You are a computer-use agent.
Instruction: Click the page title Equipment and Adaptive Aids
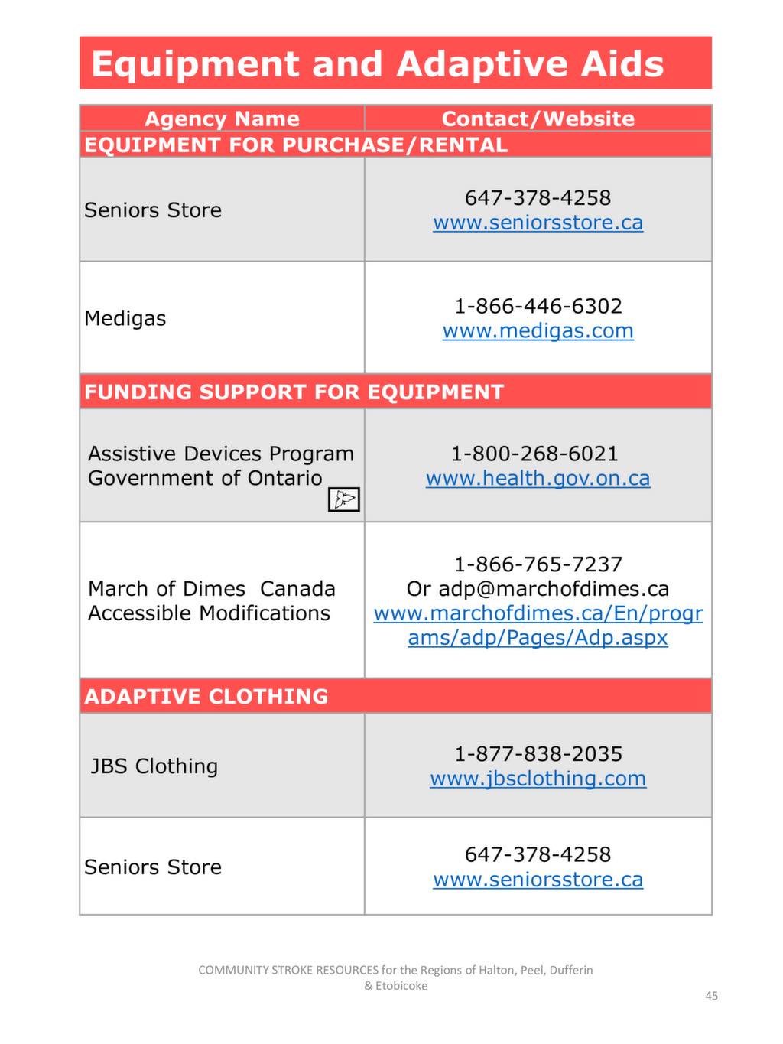point(377,63)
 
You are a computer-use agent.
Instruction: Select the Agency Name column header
point(222,119)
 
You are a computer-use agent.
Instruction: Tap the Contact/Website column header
point(538,119)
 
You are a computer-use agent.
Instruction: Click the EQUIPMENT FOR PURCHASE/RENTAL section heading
point(295,145)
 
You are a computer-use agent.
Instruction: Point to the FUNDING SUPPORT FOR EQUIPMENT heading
point(294,392)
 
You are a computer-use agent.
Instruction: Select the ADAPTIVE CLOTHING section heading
point(206,696)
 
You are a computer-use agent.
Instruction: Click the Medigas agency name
point(125,318)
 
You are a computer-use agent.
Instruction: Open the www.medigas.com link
point(538,331)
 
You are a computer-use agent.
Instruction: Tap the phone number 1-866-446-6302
point(538,306)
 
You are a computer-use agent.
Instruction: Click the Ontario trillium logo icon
point(343,499)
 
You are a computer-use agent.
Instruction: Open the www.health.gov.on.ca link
point(538,479)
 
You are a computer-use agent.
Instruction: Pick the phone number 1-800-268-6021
point(534,454)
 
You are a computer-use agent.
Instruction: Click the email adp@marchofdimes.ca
point(554,589)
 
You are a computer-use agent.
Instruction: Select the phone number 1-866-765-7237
point(538,564)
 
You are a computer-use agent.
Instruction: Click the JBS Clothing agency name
point(154,766)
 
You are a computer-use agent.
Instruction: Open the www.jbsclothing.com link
point(538,779)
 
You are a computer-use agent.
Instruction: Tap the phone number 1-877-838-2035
point(538,754)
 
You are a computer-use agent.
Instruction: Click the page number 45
point(711,996)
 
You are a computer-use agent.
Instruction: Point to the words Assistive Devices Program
point(220,454)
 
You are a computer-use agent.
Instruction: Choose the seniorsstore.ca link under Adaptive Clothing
point(538,880)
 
